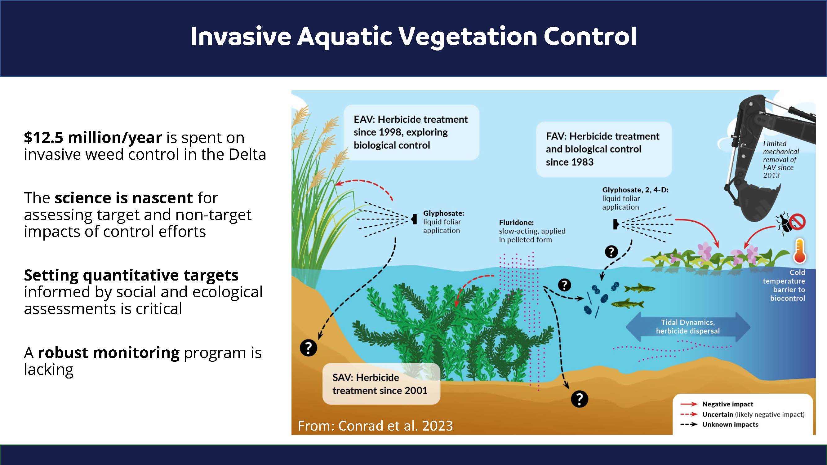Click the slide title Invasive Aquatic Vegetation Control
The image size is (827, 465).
coord(414,37)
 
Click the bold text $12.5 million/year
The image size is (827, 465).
coord(93,138)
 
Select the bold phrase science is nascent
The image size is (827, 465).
coord(124,198)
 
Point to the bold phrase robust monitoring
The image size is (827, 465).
coord(109,352)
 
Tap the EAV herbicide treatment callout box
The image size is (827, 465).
coord(411,132)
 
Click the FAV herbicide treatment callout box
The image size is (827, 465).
coord(604,149)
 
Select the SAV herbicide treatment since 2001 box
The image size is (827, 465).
coord(381,384)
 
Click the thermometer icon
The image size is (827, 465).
coord(799,250)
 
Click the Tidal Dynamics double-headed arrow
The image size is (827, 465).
coord(688,327)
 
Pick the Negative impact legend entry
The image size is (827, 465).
coord(717,404)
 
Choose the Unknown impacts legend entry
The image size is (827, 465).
coord(719,425)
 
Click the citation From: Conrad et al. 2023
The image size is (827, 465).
coord(375,426)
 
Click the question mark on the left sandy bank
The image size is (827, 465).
coord(308,348)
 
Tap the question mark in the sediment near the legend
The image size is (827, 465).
coord(580,399)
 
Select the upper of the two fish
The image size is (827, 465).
coord(639,288)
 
